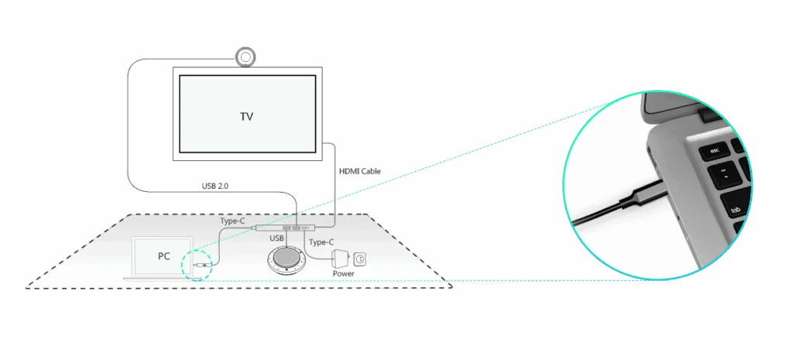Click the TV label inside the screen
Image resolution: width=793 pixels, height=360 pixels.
tap(246, 116)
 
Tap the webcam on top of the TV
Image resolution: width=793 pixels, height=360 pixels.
tap(245, 57)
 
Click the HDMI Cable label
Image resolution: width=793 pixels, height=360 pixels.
tap(359, 171)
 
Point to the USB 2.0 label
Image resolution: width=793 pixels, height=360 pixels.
tap(215, 186)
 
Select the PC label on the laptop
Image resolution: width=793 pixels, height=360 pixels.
tap(163, 256)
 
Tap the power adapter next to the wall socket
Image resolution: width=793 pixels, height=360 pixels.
tap(339, 259)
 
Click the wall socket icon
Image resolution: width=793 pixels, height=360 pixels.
tap(359, 259)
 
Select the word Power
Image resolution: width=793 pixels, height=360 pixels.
tap(343, 273)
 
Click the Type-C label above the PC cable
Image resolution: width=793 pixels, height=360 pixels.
tap(232, 221)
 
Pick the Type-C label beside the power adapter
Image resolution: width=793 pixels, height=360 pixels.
tap(321, 242)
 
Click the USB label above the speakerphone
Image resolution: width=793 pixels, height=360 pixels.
tap(276, 238)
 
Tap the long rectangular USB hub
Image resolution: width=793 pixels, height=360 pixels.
tap(285, 228)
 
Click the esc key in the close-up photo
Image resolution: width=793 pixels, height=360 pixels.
tap(715, 151)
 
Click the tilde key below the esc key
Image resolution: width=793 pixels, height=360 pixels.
tap(724, 177)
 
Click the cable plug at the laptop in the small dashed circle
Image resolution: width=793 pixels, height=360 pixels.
tap(202, 265)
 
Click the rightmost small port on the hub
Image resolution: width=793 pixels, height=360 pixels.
tap(304, 228)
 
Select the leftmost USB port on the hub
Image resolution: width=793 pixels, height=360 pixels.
tap(287, 229)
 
